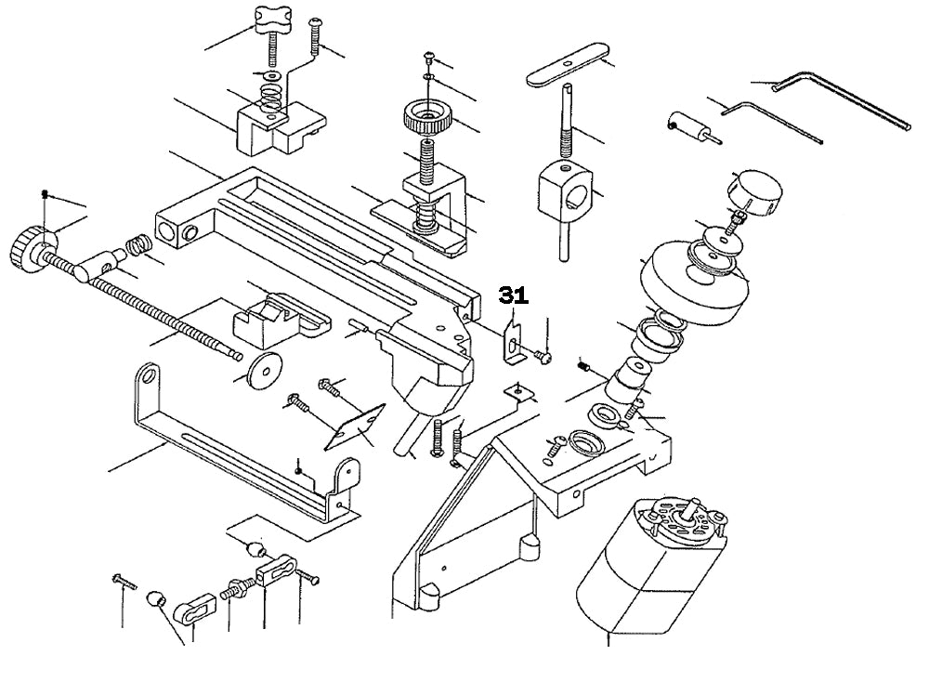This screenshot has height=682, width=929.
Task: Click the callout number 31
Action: click(513, 295)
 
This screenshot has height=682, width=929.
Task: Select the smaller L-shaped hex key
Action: click(772, 121)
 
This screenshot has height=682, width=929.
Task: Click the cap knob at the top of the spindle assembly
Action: click(757, 192)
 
